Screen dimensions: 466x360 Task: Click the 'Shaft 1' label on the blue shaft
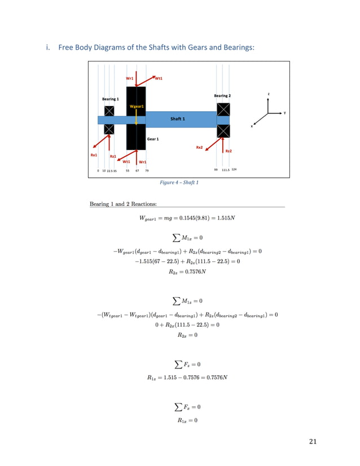click(x=178, y=119)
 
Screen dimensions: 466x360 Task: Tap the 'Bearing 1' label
click(x=110, y=99)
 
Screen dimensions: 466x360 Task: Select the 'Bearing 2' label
click(x=222, y=96)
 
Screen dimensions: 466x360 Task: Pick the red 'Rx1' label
click(x=94, y=154)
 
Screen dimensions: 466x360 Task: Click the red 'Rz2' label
click(x=229, y=151)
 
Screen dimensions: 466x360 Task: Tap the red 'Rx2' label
click(x=199, y=147)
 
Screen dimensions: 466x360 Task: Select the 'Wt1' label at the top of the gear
click(x=159, y=78)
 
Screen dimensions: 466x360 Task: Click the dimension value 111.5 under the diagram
click(x=225, y=169)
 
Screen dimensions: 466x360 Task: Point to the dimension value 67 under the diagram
click(x=137, y=169)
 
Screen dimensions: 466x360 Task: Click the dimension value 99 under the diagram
click(x=216, y=169)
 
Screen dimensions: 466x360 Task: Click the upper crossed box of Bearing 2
click(x=223, y=108)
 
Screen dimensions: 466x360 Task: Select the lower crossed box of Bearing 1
click(x=109, y=129)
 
